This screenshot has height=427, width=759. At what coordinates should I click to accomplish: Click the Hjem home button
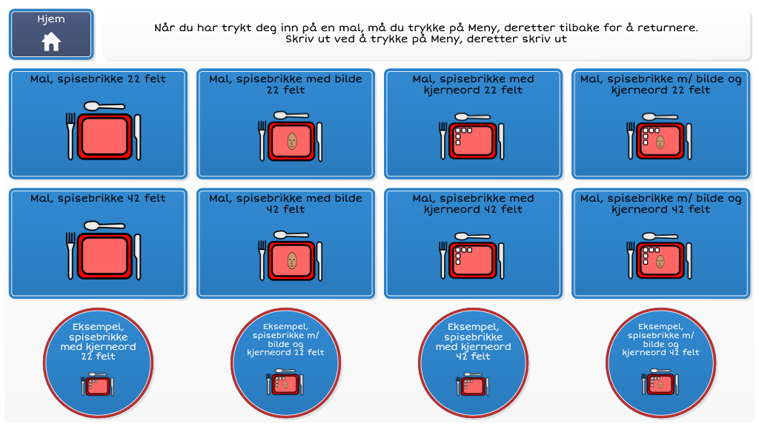(51, 34)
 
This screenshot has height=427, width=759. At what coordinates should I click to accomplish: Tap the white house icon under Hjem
(51, 42)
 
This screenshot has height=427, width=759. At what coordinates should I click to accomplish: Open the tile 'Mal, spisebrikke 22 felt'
(99, 124)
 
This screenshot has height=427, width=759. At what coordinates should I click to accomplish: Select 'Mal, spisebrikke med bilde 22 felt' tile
(285, 124)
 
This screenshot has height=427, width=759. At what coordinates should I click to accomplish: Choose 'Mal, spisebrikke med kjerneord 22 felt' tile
(474, 124)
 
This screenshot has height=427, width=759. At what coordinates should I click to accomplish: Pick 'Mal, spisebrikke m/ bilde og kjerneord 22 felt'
(660, 124)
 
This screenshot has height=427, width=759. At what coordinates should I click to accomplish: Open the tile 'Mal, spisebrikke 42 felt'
(99, 243)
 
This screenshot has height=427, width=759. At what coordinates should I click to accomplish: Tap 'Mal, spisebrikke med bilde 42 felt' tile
(285, 243)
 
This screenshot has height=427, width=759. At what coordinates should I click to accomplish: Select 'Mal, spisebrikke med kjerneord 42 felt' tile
(474, 243)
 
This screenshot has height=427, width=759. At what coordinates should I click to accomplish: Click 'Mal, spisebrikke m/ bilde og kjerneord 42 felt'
(660, 243)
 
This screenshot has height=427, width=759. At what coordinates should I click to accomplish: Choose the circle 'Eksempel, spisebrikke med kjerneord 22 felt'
(99, 363)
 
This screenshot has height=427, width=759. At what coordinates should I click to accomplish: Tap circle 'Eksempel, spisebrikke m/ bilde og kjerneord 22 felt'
(285, 363)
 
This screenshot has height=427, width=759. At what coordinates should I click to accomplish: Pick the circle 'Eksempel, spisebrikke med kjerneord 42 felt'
(474, 363)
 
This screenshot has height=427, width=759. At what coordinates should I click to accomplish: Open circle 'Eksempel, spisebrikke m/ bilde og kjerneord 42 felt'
(660, 363)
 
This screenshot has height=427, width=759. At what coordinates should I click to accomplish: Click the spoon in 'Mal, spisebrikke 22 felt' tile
(105, 106)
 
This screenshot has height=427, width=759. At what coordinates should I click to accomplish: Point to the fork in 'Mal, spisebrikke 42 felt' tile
(70, 255)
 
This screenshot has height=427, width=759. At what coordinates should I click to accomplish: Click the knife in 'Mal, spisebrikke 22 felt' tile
(138, 137)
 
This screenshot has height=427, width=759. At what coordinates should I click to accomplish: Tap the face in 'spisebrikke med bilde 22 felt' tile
(292, 142)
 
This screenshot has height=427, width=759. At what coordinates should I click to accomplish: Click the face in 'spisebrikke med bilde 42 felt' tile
(292, 261)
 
